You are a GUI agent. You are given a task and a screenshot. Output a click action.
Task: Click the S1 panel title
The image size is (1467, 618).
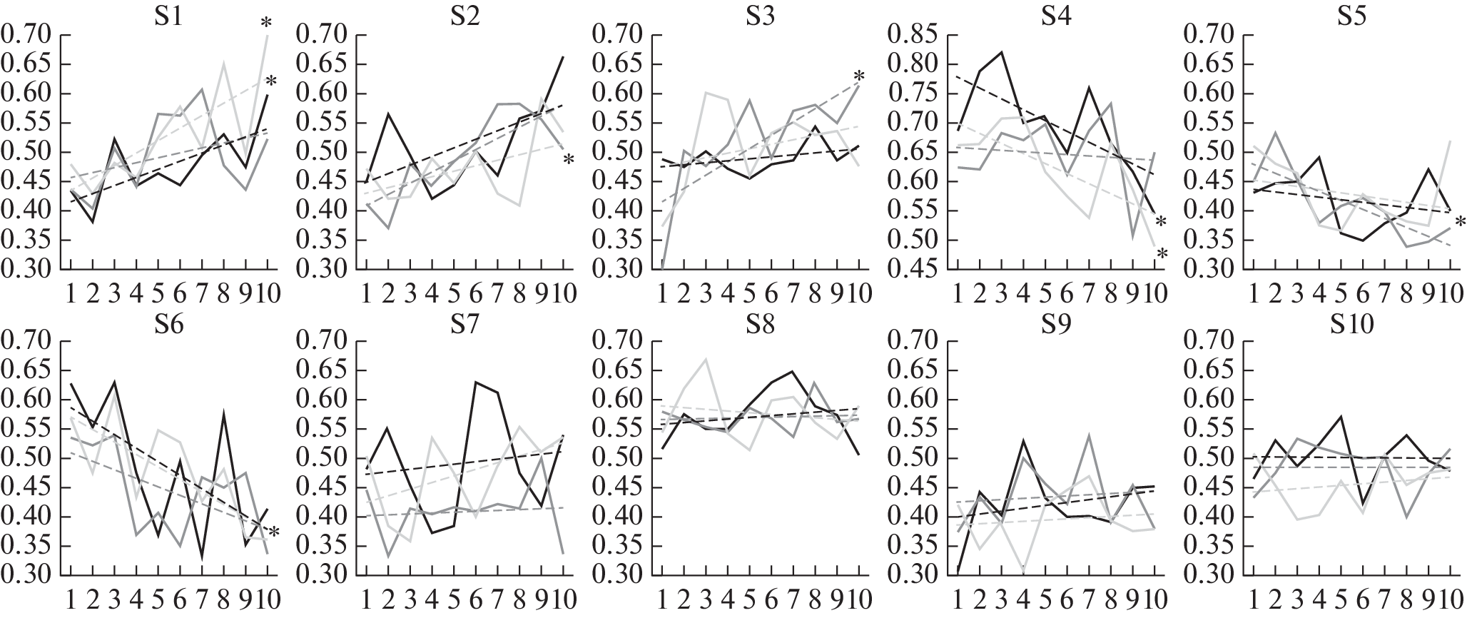[x=168, y=15]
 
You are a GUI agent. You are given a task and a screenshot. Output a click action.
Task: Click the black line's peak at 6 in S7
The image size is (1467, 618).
[x=475, y=382]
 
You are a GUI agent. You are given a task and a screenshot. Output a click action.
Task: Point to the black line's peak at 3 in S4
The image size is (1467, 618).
[x=1001, y=52]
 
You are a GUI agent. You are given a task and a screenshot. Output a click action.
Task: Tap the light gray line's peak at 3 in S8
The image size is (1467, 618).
[x=706, y=359]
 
